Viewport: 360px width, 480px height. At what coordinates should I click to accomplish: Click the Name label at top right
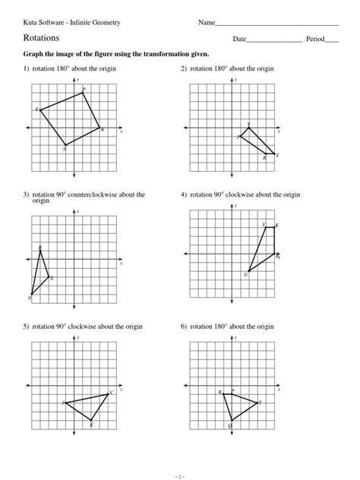pos(207,22)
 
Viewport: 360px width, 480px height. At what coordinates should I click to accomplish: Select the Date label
pos(240,38)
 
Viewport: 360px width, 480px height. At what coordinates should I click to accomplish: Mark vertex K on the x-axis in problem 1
pos(100,129)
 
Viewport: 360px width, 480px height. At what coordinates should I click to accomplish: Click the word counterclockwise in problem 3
pos(105,195)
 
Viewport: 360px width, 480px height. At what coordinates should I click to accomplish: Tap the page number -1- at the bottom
pos(180,475)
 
